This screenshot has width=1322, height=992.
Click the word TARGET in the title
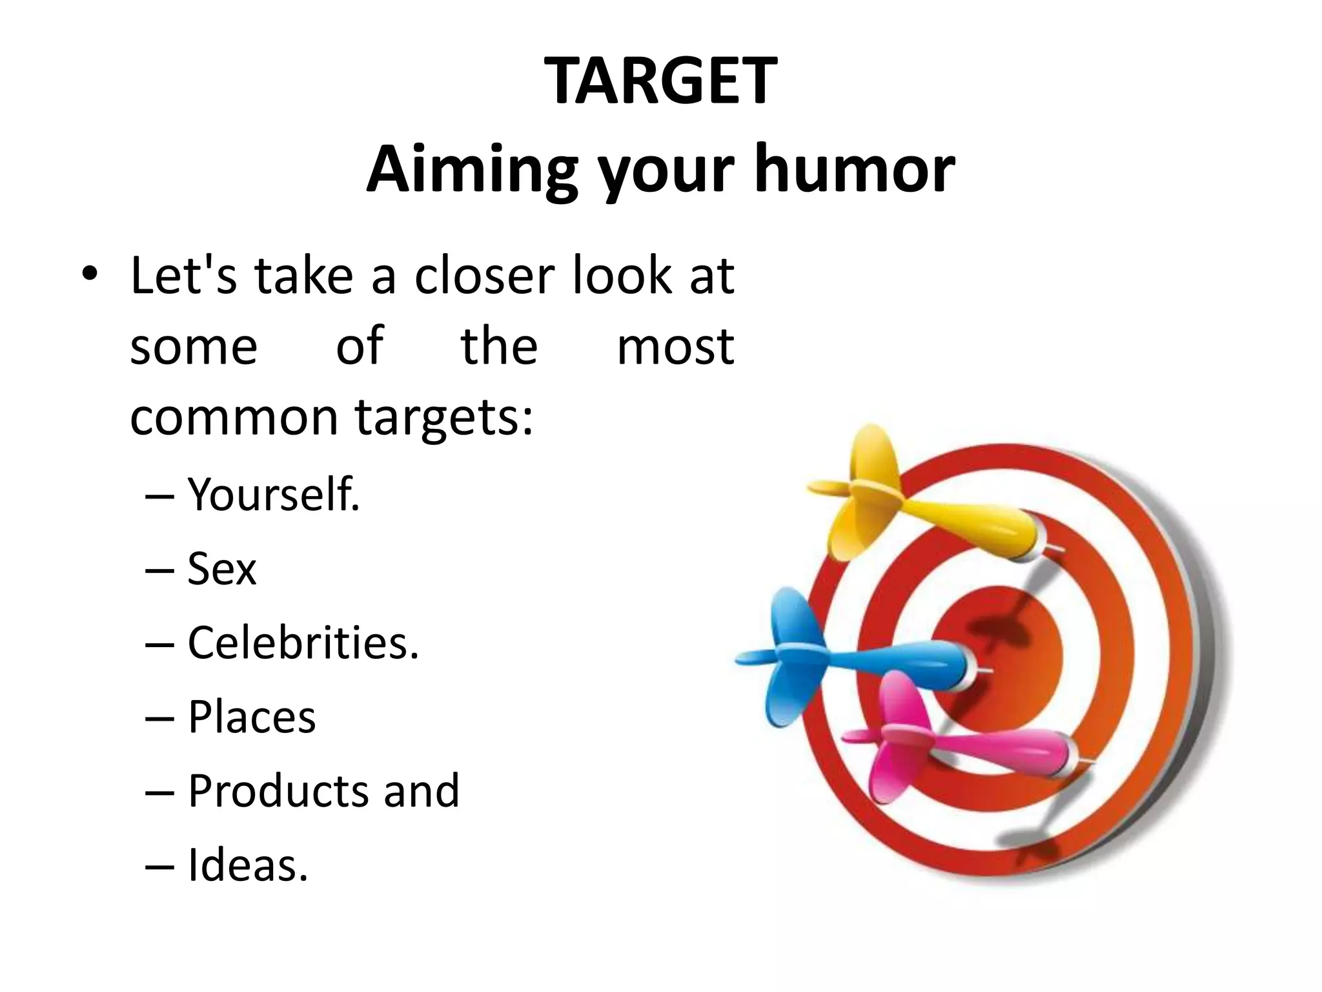(660, 81)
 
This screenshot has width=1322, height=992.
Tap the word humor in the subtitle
(855, 169)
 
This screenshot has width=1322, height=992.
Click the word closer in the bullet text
(484, 276)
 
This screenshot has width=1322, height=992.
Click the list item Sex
(221, 569)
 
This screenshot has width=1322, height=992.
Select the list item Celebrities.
(303, 643)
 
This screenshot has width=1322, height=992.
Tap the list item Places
(252, 717)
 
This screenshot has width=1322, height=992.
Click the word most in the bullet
(675, 347)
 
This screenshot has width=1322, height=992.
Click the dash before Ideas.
(160, 866)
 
